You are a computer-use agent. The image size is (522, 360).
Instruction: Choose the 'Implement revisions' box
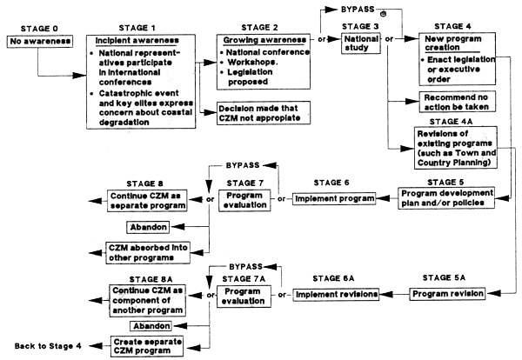pos(334,295)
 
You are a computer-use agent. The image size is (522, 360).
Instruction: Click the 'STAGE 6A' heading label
pos(336,277)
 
